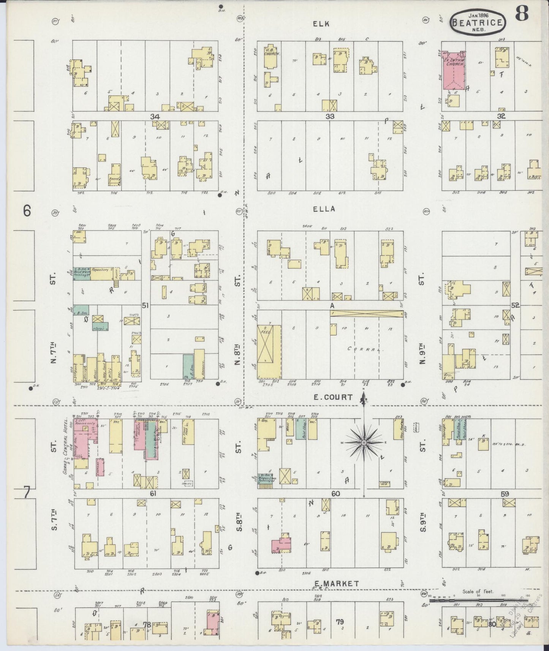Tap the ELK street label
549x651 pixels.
[321, 24]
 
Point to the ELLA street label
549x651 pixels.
[324, 209]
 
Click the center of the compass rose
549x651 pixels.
[364, 443]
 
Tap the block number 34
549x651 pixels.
[154, 117]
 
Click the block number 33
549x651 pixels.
[330, 117]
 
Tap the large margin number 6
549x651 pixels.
[27, 211]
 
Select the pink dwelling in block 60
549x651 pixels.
[281, 545]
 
